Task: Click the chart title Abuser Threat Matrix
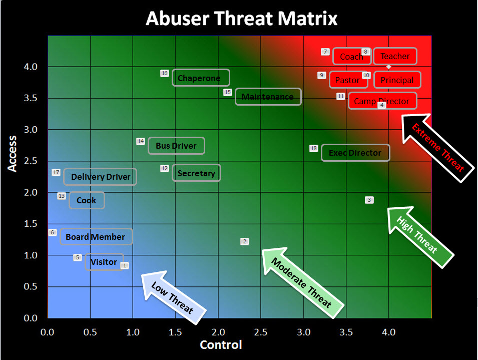[x=241, y=19]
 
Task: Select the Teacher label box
[x=395, y=56]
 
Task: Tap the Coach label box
[x=352, y=57]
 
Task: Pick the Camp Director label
[x=382, y=101]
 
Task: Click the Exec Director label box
[x=355, y=153]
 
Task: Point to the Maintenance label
[x=268, y=97]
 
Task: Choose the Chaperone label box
[x=201, y=78]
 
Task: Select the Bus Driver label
[x=176, y=146]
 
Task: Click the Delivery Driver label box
[x=100, y=177]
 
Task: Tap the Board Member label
[x=96, y=236]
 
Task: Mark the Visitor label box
[x=104, y=262]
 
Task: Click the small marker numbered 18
[x=314, y=148]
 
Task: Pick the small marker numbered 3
[x=369, y=200]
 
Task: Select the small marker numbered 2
[x=244, y=242]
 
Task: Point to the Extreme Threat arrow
[x=438, y=148]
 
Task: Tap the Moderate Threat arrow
[x=302, y=282]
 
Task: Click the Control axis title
[x=221, y=345]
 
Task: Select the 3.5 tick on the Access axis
[x=31, y=98]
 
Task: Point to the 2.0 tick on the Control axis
[x=218, y=332]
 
